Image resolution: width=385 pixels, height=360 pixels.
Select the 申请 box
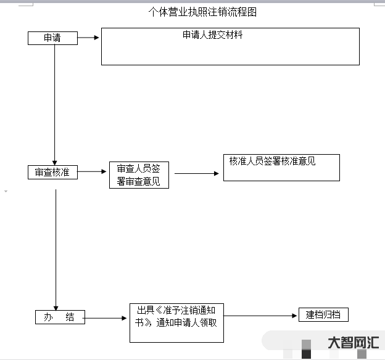pos(52,38)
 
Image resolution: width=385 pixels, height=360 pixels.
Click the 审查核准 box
pos(52,172)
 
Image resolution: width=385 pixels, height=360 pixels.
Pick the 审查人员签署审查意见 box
pos(139,175)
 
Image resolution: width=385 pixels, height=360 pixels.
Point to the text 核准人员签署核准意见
pos(272,161)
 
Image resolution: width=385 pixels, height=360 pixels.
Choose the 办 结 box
pos(59,317)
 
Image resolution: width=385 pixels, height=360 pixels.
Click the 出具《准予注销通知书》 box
pos(176,322)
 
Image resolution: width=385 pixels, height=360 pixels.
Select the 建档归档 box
pos(323,315)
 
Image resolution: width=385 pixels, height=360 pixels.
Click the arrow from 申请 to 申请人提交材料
pos(88,38)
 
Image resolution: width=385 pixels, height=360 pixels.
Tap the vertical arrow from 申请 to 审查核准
pos(55,105)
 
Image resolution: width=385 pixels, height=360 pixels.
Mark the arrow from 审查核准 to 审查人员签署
pos(93,172)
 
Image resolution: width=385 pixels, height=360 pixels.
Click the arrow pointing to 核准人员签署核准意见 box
pos(196,173)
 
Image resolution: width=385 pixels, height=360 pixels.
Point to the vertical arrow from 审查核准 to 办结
pos(56,247)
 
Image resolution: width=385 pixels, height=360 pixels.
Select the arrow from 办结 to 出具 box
pos(106,318)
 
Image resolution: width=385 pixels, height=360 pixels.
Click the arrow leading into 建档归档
pos(260,316)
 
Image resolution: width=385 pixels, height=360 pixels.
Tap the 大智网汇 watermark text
pos(353,343)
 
